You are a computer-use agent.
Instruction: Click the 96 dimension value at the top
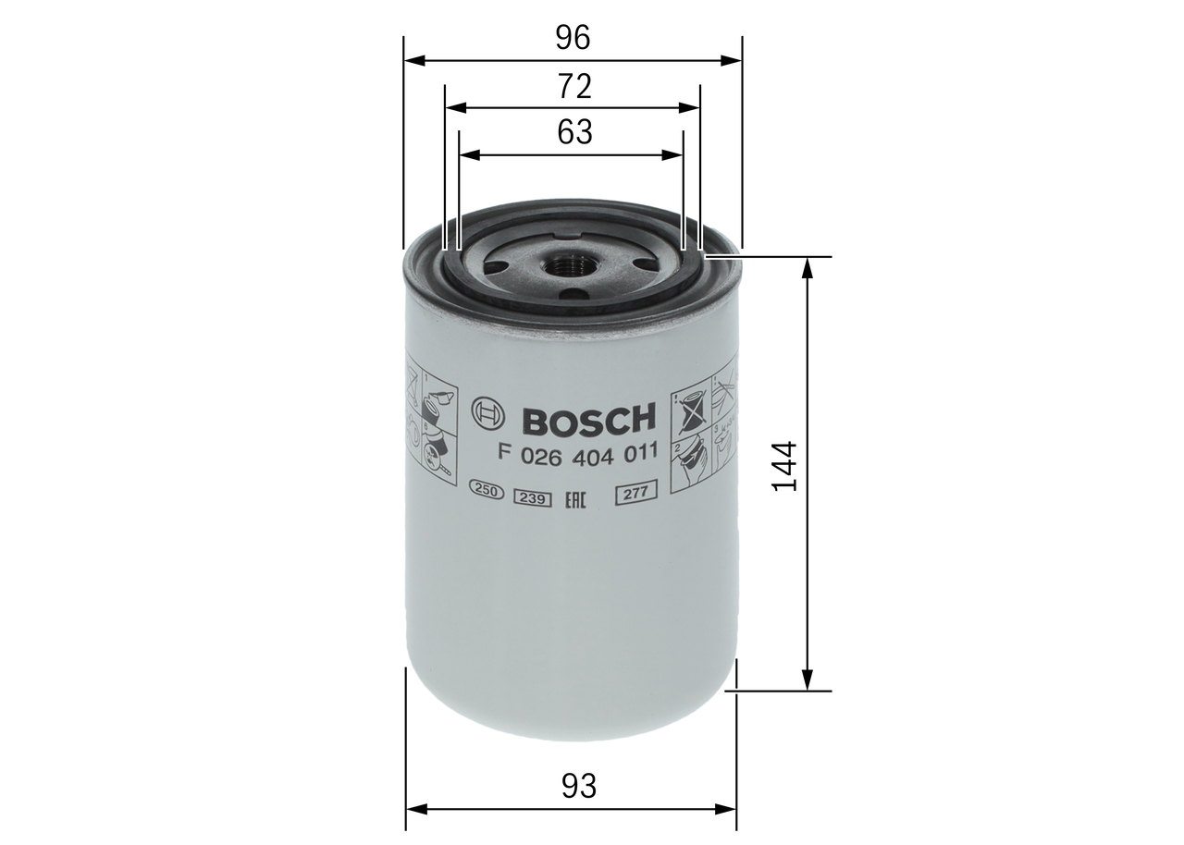(x=573, y=37)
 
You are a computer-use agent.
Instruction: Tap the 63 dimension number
(x=573, y=132)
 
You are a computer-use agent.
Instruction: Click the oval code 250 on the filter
(x=486, y=492)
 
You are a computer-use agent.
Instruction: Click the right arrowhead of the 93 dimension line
(x=729, y=810)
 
